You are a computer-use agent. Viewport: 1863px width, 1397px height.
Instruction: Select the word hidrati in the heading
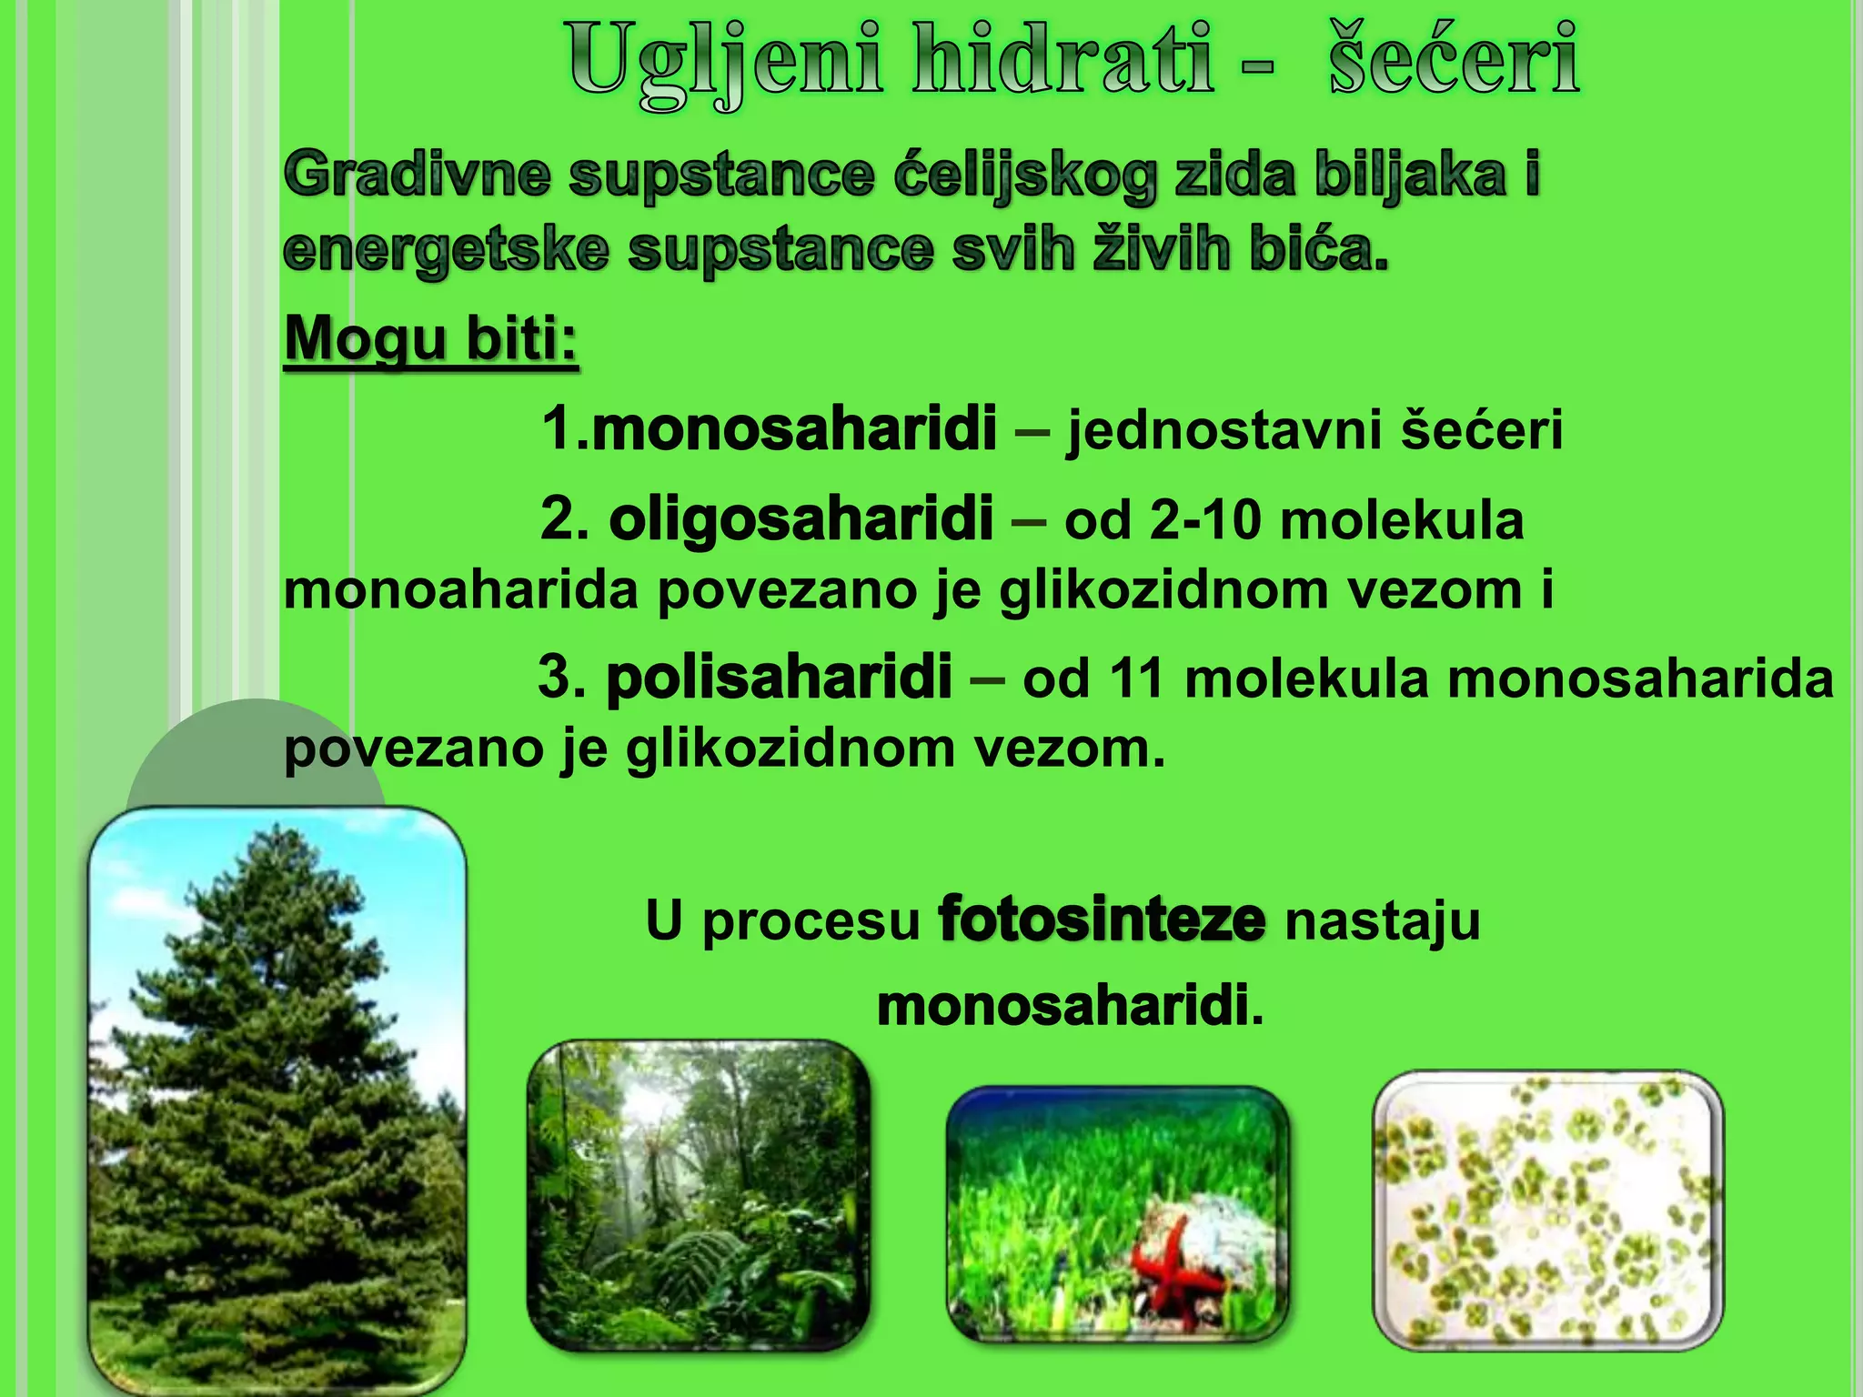click(1063, 60)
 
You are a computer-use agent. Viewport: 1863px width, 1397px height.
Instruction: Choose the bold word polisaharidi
click(779, 678)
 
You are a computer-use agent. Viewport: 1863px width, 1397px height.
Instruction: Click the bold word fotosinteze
click(1101, 920)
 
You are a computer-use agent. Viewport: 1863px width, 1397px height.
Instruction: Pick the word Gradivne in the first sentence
click(417, 175)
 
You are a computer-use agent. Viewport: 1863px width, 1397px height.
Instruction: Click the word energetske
click(445, 249)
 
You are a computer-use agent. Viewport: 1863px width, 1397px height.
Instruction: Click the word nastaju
click(1382, 920)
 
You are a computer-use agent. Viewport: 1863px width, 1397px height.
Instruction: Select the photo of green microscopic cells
click(1547, 1210)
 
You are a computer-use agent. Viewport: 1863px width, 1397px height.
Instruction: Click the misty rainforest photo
click(699, 1196)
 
